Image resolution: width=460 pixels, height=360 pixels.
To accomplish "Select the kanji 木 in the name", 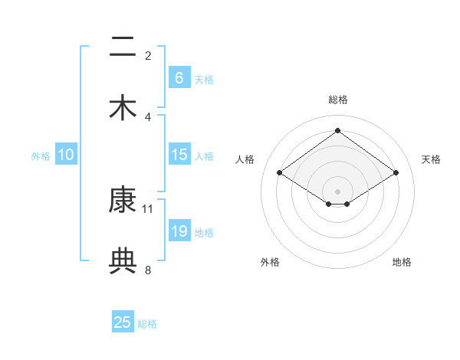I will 123,108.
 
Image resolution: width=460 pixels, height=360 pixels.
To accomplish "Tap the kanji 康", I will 123,200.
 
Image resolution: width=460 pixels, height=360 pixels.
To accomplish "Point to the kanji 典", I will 123,261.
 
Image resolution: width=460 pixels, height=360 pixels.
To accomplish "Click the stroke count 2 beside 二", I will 148,55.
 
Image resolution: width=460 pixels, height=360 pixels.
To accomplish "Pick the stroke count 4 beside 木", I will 148,116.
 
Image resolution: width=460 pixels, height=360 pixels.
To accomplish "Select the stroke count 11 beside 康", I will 148,208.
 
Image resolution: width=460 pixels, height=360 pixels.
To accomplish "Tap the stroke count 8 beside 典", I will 148,270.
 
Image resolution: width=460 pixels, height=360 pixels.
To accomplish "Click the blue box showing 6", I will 179,77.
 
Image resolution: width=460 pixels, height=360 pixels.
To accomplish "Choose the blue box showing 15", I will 179,155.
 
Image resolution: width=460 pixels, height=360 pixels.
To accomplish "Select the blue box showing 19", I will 179,231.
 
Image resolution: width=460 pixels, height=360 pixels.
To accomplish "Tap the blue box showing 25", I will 123,322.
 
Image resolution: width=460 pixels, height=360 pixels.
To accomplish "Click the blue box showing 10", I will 66,155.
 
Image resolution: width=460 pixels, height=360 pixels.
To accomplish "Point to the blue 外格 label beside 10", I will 41,155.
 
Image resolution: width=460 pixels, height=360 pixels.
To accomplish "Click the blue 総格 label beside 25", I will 147,324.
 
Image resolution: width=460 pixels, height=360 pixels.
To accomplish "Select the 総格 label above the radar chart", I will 338,100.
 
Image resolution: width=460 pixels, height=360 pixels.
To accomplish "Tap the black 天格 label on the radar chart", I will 431,159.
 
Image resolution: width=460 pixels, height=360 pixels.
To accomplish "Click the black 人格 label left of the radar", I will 245,159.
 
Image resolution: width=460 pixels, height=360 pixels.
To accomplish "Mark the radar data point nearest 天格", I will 396,173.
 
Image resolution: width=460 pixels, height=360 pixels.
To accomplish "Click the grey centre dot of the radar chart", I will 338,190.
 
